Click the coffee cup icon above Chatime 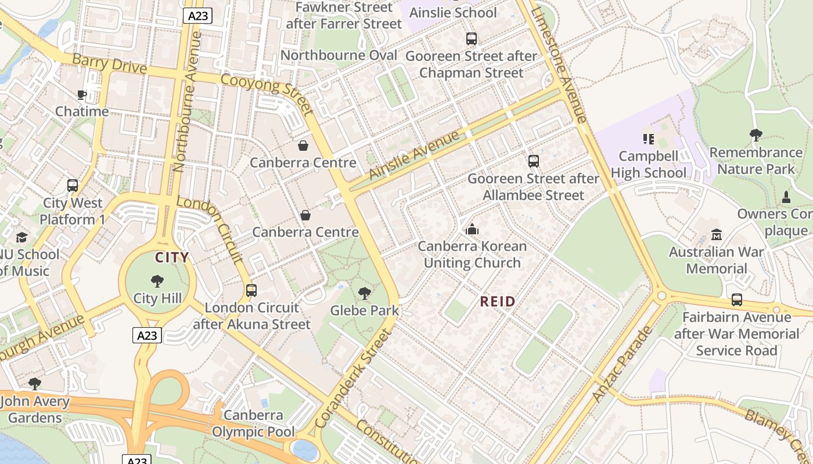[82, 95]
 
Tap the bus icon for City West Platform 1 [73, 186]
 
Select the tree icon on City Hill [157, 282]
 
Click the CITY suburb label [171, 258]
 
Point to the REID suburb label [498, 302]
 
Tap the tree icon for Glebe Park [365, 293]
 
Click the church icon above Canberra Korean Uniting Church [472, 230]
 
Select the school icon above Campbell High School [649, 139]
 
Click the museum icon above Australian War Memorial [717, 235]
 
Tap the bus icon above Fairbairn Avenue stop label [736, 300]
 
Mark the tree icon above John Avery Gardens [35, 384]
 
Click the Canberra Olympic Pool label [253, 423]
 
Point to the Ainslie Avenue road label [413, 155]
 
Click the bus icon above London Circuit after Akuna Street [251, 291]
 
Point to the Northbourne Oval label [339, 55]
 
